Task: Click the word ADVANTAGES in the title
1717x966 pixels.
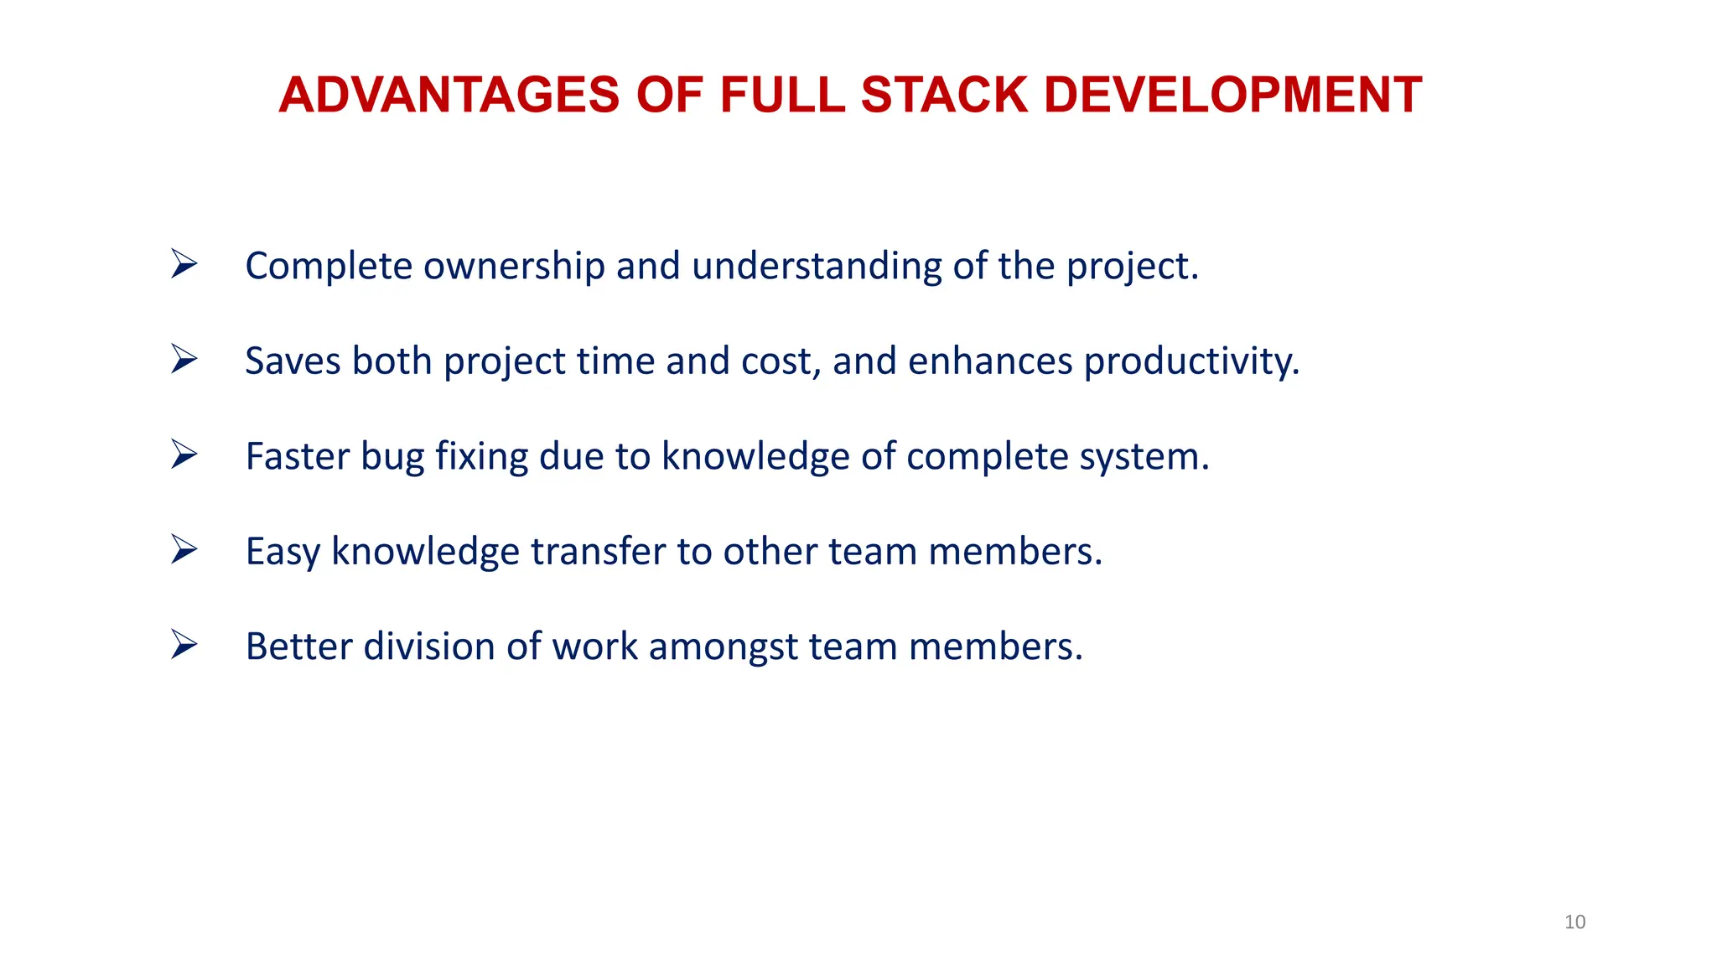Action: coord(449,95)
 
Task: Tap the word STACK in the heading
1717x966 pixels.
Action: coord(944,95)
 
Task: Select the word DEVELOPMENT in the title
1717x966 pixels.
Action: coord(1232,95)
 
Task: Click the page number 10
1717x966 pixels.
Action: coord(1574,922)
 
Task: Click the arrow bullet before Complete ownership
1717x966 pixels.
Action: coord(184,264)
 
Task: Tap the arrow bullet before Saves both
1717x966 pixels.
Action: coord(184,359)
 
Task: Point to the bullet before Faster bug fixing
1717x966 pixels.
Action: coord(184,454)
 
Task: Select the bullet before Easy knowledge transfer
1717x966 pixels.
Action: coord(184,549)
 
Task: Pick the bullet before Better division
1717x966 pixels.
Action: coord(184,645)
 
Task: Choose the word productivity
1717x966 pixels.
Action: coord(1191,361)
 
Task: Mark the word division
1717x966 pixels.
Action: coord(428,647)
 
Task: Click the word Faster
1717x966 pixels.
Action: coord(297,457)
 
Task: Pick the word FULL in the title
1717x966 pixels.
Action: coord(782,95)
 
